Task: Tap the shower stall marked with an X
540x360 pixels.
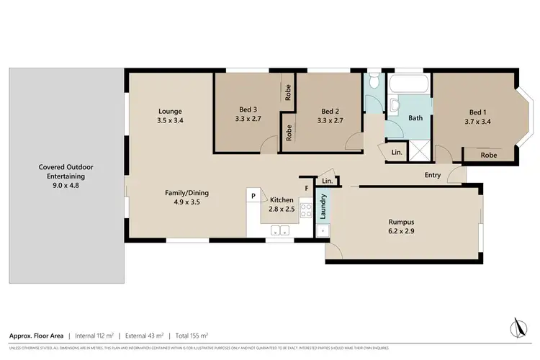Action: point(418,151)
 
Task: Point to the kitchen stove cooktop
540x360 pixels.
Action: point(305,211)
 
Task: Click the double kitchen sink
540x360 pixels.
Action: point(280,231)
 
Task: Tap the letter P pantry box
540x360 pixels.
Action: point(253,195)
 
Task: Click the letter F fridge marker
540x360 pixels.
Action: point(306,189)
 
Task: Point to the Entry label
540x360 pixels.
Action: point(433,175)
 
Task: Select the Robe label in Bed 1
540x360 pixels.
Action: point(488,155)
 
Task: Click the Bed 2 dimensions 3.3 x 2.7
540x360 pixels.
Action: point(330,121)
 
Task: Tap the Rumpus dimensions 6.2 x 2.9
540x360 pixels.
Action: point(403,233)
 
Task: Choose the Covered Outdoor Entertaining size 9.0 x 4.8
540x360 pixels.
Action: point(66,185)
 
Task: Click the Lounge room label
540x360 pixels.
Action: point(170,111)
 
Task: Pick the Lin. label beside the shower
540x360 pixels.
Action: point(397,153)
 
